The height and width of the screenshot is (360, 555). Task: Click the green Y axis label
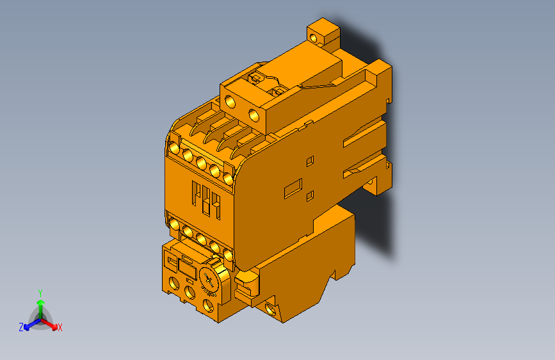coord(40,292)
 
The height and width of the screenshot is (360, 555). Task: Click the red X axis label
coord(60,328)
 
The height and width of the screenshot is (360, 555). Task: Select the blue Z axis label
coord(21,327)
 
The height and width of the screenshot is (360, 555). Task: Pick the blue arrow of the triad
coord(29,323)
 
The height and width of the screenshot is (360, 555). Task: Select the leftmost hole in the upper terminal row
coord(174,149)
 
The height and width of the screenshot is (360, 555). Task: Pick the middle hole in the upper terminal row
coord(200,162)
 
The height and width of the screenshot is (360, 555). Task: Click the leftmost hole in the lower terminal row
coord(174,224)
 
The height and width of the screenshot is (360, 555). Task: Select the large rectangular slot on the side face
coord(293,186)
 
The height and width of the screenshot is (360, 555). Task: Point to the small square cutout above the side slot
coord(310,160)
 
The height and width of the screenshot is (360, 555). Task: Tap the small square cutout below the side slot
coord(310,195)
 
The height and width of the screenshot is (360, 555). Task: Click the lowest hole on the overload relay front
coord(209,305)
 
